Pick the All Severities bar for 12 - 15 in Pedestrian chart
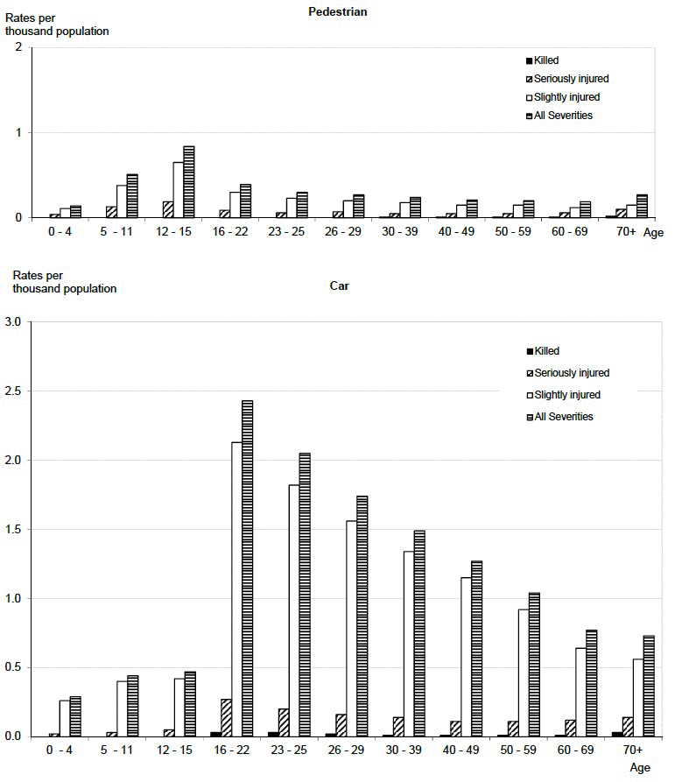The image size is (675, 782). [x=188, y=181]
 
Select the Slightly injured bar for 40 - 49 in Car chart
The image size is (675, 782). [x=465, y=657]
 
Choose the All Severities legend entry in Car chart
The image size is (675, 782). [x=564, y=416]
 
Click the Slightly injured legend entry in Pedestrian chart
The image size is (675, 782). [x=566, y=97]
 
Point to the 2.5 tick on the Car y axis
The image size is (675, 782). [x=15, y=391]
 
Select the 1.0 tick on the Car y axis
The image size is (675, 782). [x=15, y=599]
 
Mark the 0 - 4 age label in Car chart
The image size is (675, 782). [x=65, y=751]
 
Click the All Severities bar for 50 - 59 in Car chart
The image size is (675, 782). [x=535, y=665]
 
